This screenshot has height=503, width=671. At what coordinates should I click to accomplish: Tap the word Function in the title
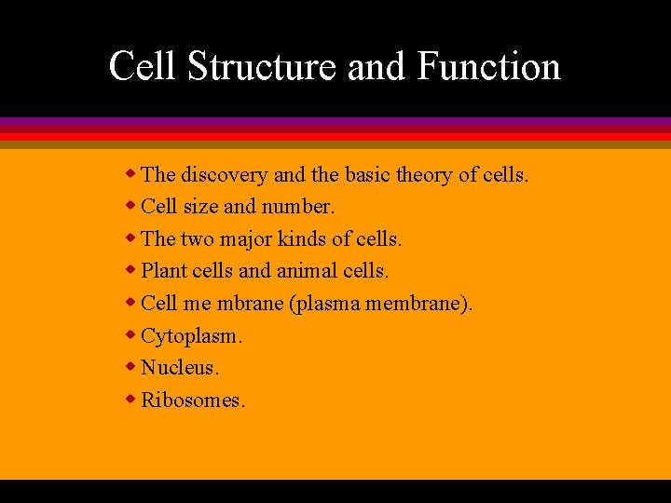489,67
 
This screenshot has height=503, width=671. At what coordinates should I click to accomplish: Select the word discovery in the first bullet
225,174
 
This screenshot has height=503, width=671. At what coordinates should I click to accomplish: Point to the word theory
424,174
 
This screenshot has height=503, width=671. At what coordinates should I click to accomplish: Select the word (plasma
326,304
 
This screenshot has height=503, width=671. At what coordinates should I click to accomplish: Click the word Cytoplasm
189,336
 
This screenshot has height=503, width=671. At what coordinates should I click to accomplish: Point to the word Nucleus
180,368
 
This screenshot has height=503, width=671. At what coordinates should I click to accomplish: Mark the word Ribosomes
193,401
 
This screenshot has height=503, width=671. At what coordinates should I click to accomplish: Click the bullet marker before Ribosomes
132,400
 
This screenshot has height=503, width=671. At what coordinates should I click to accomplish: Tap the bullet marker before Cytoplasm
132,334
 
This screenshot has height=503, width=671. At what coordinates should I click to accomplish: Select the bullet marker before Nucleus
132,367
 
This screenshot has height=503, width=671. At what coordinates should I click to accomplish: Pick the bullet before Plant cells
132,270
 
